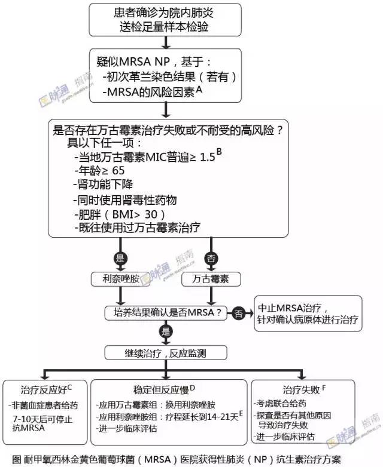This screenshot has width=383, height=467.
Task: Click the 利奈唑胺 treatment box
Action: pos(123,279)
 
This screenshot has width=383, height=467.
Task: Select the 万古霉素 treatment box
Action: pos(210,279)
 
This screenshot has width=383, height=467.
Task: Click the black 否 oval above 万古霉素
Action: pos(210,259)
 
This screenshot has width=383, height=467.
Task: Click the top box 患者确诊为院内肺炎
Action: pos(165,20)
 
